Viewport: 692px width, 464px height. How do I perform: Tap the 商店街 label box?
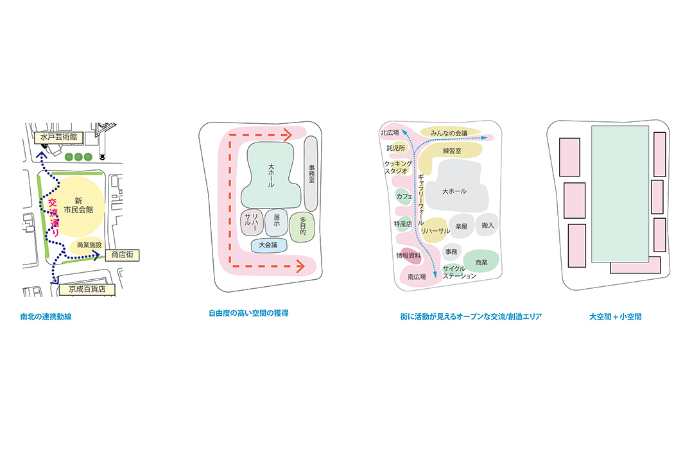click(x=121, y=255)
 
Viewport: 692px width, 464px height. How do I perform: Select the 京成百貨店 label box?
click(x=87, y=289)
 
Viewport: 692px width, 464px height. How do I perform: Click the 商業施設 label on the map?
click(x=89, y=245)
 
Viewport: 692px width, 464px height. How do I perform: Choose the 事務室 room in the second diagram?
click(x=311, y=173)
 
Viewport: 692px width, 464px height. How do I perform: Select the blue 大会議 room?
click(x=268, y=245)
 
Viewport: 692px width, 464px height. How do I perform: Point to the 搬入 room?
click(x=487, y=225)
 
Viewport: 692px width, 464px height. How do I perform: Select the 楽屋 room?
click(x=461, y=227)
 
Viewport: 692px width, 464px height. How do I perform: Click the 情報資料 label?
click(x=409, y=255)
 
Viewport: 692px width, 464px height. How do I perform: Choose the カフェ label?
click(x=404, y=196)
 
